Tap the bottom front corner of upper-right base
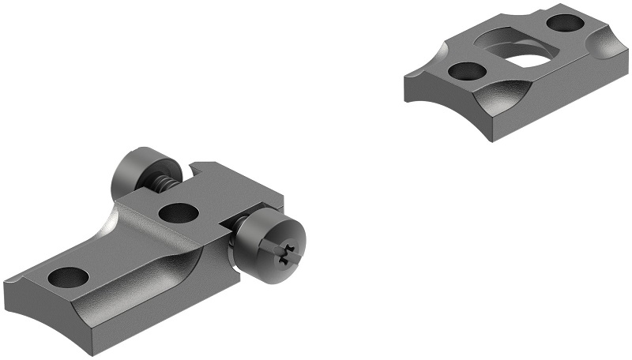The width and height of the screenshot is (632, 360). tap(494, 139)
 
